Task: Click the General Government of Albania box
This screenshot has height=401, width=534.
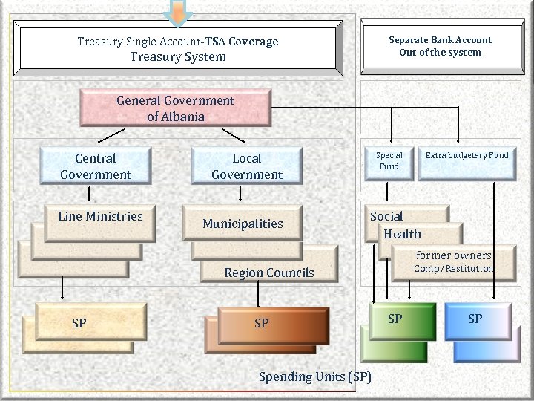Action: [x=175, y=108]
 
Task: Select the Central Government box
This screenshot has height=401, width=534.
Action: [x=96, y=166]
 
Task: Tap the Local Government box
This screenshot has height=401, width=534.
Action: [x=247, y=166]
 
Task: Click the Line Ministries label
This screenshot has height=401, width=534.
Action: [x=100, y=217]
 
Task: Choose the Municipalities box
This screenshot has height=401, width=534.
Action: [x=243, y=224]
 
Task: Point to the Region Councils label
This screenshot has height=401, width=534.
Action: [x=269, y=273]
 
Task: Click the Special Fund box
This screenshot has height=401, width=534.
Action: [x=389, y=161]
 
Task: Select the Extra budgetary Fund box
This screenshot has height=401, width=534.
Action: [x=467, y=155]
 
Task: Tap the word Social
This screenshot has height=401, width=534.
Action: [x=386, y=216]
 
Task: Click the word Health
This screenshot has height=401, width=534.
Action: [x=402, y=234]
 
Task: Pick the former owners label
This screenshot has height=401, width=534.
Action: [x=454, y=255]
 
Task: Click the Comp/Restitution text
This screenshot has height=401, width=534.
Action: [x=454, y=268]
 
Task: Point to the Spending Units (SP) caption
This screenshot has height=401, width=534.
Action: [x=315, y=376]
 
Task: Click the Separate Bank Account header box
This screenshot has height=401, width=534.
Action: [x=440, y=46]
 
